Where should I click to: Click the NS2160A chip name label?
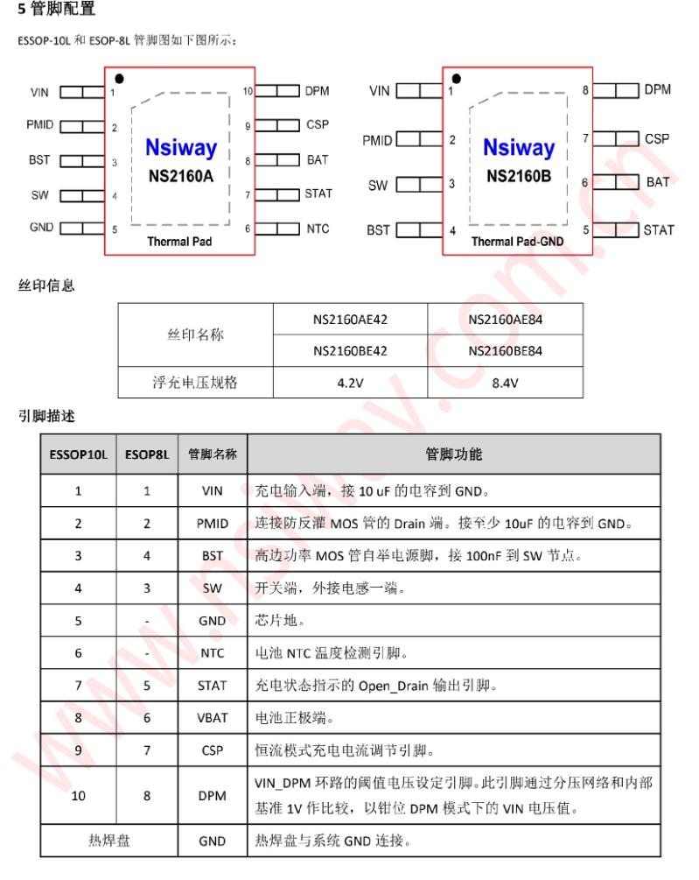pos(181,174)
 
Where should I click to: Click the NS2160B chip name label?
pos(519,175)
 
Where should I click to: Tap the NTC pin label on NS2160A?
pos(318,229)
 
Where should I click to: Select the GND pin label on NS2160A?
pos(41,228)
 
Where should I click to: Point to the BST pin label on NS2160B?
pos(379,230)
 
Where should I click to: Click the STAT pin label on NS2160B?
pos(659,230)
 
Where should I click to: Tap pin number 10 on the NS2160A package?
pos(248,91)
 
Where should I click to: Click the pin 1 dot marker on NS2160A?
pos(119,79)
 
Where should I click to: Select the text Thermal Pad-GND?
pos(518,241)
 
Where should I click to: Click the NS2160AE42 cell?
pos(350,320)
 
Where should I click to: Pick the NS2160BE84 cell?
pos(505,350)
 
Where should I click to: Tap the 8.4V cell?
pos(505,382)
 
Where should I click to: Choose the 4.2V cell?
pos(350,382)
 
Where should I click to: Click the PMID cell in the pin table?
pos(213,523)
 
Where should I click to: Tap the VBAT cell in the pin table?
pos(213,717)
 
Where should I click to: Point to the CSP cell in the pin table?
pos(213,750)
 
